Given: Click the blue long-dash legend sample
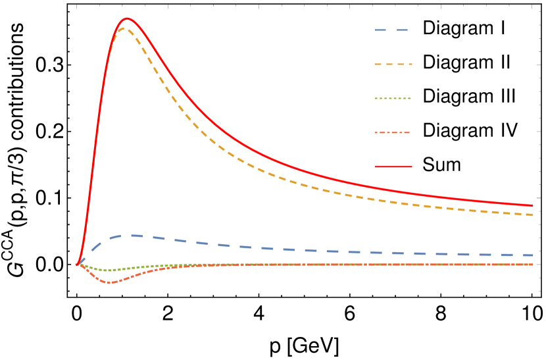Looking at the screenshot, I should click(x=392, y=30).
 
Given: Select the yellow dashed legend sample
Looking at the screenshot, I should click(x=393, y=64).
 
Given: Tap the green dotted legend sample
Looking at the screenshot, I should click(x=393, y=99).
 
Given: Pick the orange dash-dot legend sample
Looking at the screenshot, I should click(x=393, y=133).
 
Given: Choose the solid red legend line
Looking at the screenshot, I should click(x=393, y=167).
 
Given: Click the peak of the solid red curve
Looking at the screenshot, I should click(x=126, y=18).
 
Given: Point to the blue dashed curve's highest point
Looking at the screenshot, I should click(x=134, y=235).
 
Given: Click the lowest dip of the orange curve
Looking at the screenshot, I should click(x=110, y=282).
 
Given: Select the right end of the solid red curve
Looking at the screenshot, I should click(x=533, y=205).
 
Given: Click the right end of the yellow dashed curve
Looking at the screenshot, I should click(x=533, y=215).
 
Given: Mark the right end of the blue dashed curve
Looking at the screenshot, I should click(x=533, y=255).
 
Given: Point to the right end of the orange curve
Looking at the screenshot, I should click(x=533, y=265).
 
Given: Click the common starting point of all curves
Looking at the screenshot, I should click(x=77, y=265).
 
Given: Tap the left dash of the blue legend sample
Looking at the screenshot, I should click(x=381, y=30).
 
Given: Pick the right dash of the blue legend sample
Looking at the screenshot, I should click(x=403, y=30).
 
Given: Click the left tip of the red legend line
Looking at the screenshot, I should click(x=376, y=167).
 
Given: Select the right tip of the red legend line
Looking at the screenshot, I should click(x=412, y=167).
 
